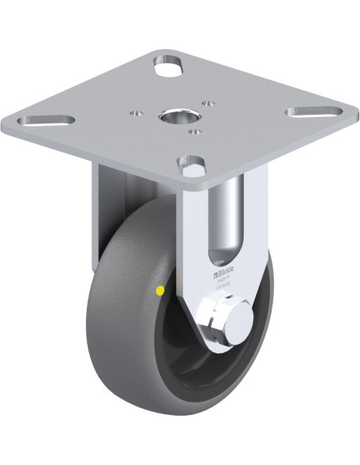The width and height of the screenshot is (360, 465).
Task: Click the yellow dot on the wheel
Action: [162, 292]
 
